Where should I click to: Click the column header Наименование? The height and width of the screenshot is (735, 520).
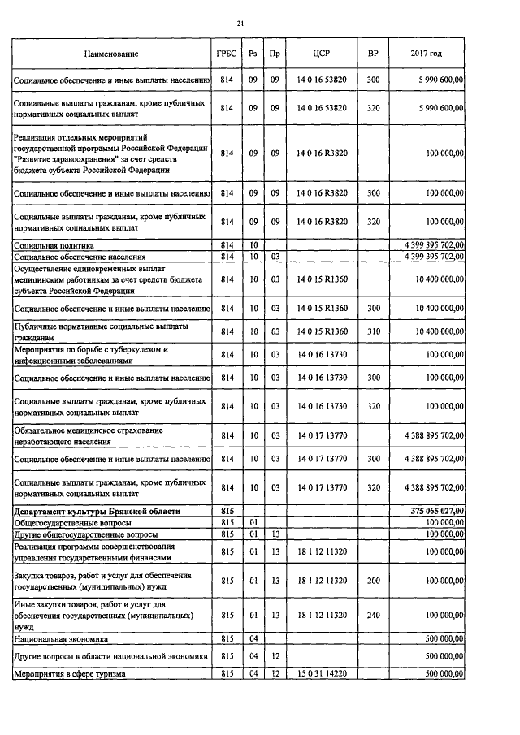click(110, 54)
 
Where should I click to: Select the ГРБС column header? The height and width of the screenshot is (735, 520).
click(227, 54)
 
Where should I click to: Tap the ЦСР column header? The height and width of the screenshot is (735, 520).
click(322, 54)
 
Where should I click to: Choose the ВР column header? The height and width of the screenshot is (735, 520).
click(373, 54)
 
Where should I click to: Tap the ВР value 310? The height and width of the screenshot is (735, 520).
click(373, 331)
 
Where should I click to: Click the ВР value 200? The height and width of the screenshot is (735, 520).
click(373, 581)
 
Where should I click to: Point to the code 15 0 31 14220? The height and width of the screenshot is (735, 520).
click(322, 673)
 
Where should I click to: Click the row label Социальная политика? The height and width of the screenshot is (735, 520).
click(54, 244)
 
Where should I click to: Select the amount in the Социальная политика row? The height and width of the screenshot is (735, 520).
click(428, 244)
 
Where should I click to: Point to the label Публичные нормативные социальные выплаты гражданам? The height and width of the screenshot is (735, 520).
click(100, 331)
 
